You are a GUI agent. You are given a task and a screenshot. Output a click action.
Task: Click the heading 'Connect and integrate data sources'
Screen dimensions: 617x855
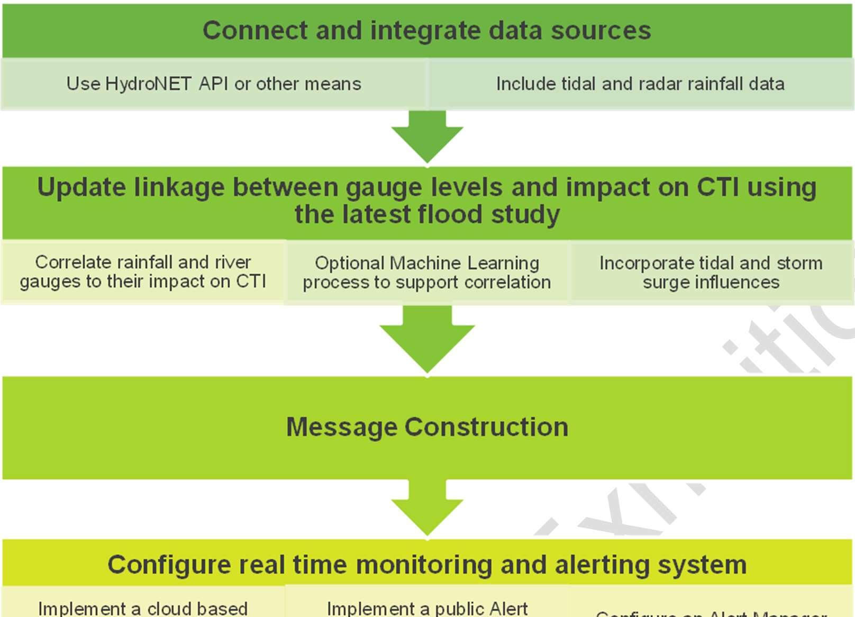[x=426, y=30]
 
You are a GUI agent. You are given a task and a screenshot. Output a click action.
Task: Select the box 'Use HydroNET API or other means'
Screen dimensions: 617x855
[x=214, y=84]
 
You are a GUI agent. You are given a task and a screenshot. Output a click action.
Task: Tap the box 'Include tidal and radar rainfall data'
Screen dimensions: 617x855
[x=640, y=84]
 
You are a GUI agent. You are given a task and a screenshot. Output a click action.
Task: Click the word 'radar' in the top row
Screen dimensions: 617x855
[x=657, y=84]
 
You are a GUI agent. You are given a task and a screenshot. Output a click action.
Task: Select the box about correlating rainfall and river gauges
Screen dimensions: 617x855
[x=143, y=272]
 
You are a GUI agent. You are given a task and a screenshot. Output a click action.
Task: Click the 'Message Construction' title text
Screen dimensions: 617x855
[x=427, y=427]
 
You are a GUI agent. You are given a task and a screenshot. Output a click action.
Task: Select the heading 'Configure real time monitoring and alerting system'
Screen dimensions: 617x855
[x=427, y=565]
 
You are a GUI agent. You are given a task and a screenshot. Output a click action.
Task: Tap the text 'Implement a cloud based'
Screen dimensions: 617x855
[x=143, y=608]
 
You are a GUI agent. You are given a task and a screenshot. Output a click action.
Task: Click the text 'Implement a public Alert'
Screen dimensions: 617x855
[x=427, y=608]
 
